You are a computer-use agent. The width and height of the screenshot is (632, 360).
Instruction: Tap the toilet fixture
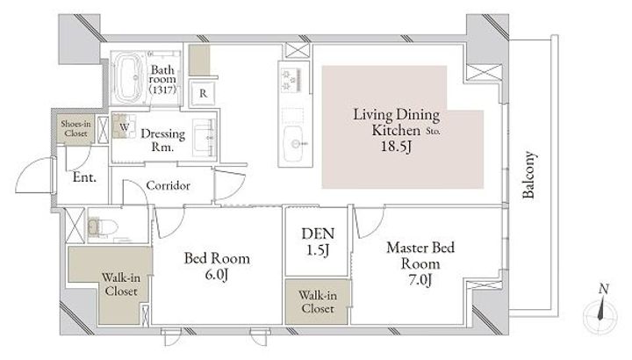[103, 227]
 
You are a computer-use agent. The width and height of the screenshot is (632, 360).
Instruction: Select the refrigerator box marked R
[203, 94]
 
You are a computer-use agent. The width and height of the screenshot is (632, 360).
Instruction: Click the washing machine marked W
[124, 126]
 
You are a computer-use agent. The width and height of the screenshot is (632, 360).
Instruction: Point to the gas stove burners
[291, 80]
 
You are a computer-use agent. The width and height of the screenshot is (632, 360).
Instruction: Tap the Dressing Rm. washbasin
[204, 138]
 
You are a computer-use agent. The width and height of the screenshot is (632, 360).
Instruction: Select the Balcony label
[528, 175]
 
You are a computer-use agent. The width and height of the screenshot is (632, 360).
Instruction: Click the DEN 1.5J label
[318, 241]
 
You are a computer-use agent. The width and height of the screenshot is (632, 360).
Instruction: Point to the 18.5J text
[396, 147]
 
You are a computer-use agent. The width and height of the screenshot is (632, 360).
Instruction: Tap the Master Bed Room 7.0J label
[420, 263]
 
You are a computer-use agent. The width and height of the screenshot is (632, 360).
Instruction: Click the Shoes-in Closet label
[75, 128]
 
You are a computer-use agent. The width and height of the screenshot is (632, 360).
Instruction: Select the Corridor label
[168, 185]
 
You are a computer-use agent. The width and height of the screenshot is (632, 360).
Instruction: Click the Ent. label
[84, 177]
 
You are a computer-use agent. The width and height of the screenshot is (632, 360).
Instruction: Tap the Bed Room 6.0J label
[217, 266]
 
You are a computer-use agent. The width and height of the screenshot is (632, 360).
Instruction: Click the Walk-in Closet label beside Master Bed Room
[318, 301]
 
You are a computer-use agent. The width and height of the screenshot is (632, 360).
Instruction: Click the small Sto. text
[434, 131]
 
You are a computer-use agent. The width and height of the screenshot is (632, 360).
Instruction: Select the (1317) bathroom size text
[162, 89]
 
